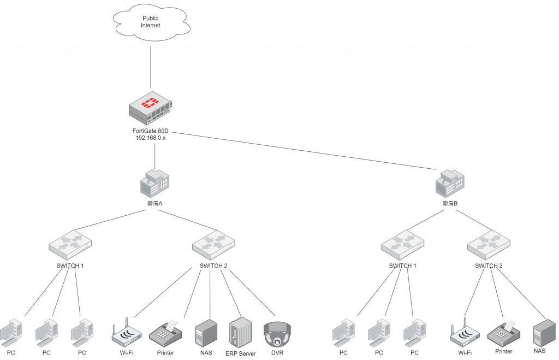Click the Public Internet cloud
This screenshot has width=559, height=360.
(151, 22)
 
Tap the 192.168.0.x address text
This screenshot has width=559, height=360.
(151, 138)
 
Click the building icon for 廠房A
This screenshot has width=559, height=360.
(155, 183)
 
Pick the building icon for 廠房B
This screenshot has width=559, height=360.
(449, 183)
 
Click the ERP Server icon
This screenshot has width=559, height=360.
(240, 331)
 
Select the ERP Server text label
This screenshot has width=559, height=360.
(240, 353)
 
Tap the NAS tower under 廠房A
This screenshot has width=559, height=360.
(206, 332)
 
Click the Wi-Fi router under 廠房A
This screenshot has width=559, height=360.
(126, 333)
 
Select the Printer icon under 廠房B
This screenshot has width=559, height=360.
(503, 331)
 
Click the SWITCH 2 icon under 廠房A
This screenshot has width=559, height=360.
(213, 244)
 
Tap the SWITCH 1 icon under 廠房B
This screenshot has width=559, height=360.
(401, 244)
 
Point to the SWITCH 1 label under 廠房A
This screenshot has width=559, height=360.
(70, 266)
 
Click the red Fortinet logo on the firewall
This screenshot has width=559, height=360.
(149, 102)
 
